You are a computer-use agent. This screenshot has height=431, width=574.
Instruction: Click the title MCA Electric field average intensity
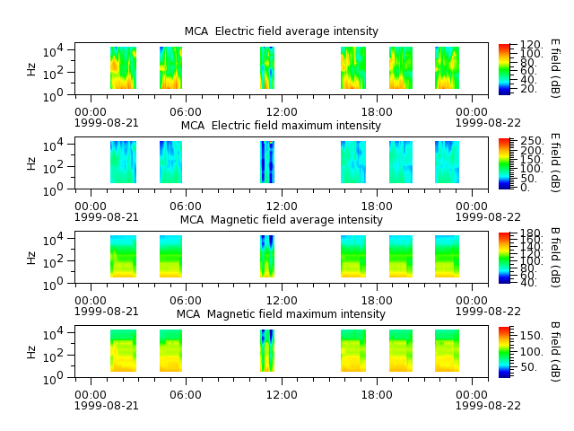pos(281,31)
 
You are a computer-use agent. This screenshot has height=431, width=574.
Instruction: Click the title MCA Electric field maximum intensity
pos(281,126)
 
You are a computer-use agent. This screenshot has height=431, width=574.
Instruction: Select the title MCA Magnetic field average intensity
pos(281,219)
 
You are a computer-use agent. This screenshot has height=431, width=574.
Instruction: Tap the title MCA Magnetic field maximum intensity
pos(281,314)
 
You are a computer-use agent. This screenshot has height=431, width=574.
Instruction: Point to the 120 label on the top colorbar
pos(530,45)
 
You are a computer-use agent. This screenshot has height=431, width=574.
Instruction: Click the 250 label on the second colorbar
pos(532,141)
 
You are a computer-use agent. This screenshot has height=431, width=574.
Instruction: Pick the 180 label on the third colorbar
pos(530,233)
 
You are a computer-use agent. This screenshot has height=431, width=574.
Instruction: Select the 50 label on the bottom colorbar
pos(528,367)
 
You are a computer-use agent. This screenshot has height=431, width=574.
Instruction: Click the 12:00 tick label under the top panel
pos(282,111)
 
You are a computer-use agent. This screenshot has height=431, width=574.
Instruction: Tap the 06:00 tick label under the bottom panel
pos(186,395)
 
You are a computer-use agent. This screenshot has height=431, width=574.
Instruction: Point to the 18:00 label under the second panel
pos(377,206)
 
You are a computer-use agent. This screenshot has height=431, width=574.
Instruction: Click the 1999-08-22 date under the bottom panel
pos(488,406)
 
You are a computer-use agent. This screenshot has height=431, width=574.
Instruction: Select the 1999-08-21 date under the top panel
pos(107,123)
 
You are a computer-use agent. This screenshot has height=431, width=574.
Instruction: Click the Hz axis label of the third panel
pos(31,258)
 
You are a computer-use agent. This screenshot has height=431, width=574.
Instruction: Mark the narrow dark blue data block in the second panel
pos(267,162)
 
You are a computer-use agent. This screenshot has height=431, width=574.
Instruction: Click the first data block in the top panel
pos(124,68)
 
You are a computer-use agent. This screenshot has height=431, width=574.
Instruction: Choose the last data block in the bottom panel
pos(447,351)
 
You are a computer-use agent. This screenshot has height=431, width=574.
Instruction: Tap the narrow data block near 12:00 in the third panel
pos(267,257)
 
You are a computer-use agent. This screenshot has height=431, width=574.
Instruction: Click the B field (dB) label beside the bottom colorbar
pos(555,352)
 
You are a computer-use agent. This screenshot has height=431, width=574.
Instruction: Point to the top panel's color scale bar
pos(504,69)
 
